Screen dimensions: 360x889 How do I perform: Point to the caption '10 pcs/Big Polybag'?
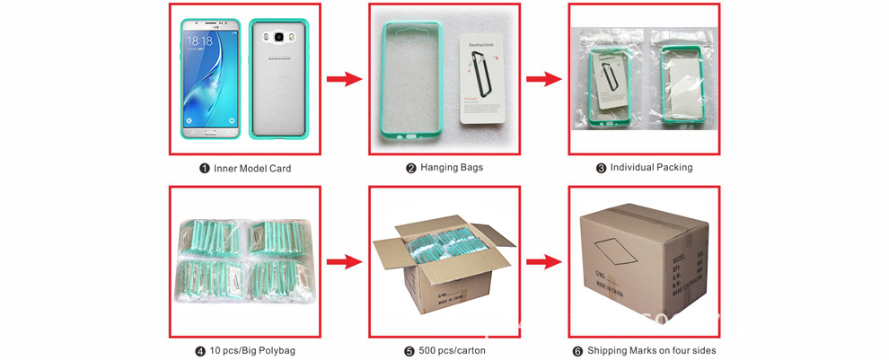click(x=250, y=350)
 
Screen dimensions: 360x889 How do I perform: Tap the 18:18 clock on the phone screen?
click(x=199, y=41)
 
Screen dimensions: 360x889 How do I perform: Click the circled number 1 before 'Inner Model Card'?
click(x=204, y=168)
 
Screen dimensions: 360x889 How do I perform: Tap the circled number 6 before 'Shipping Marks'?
click(x=579, y=350)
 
